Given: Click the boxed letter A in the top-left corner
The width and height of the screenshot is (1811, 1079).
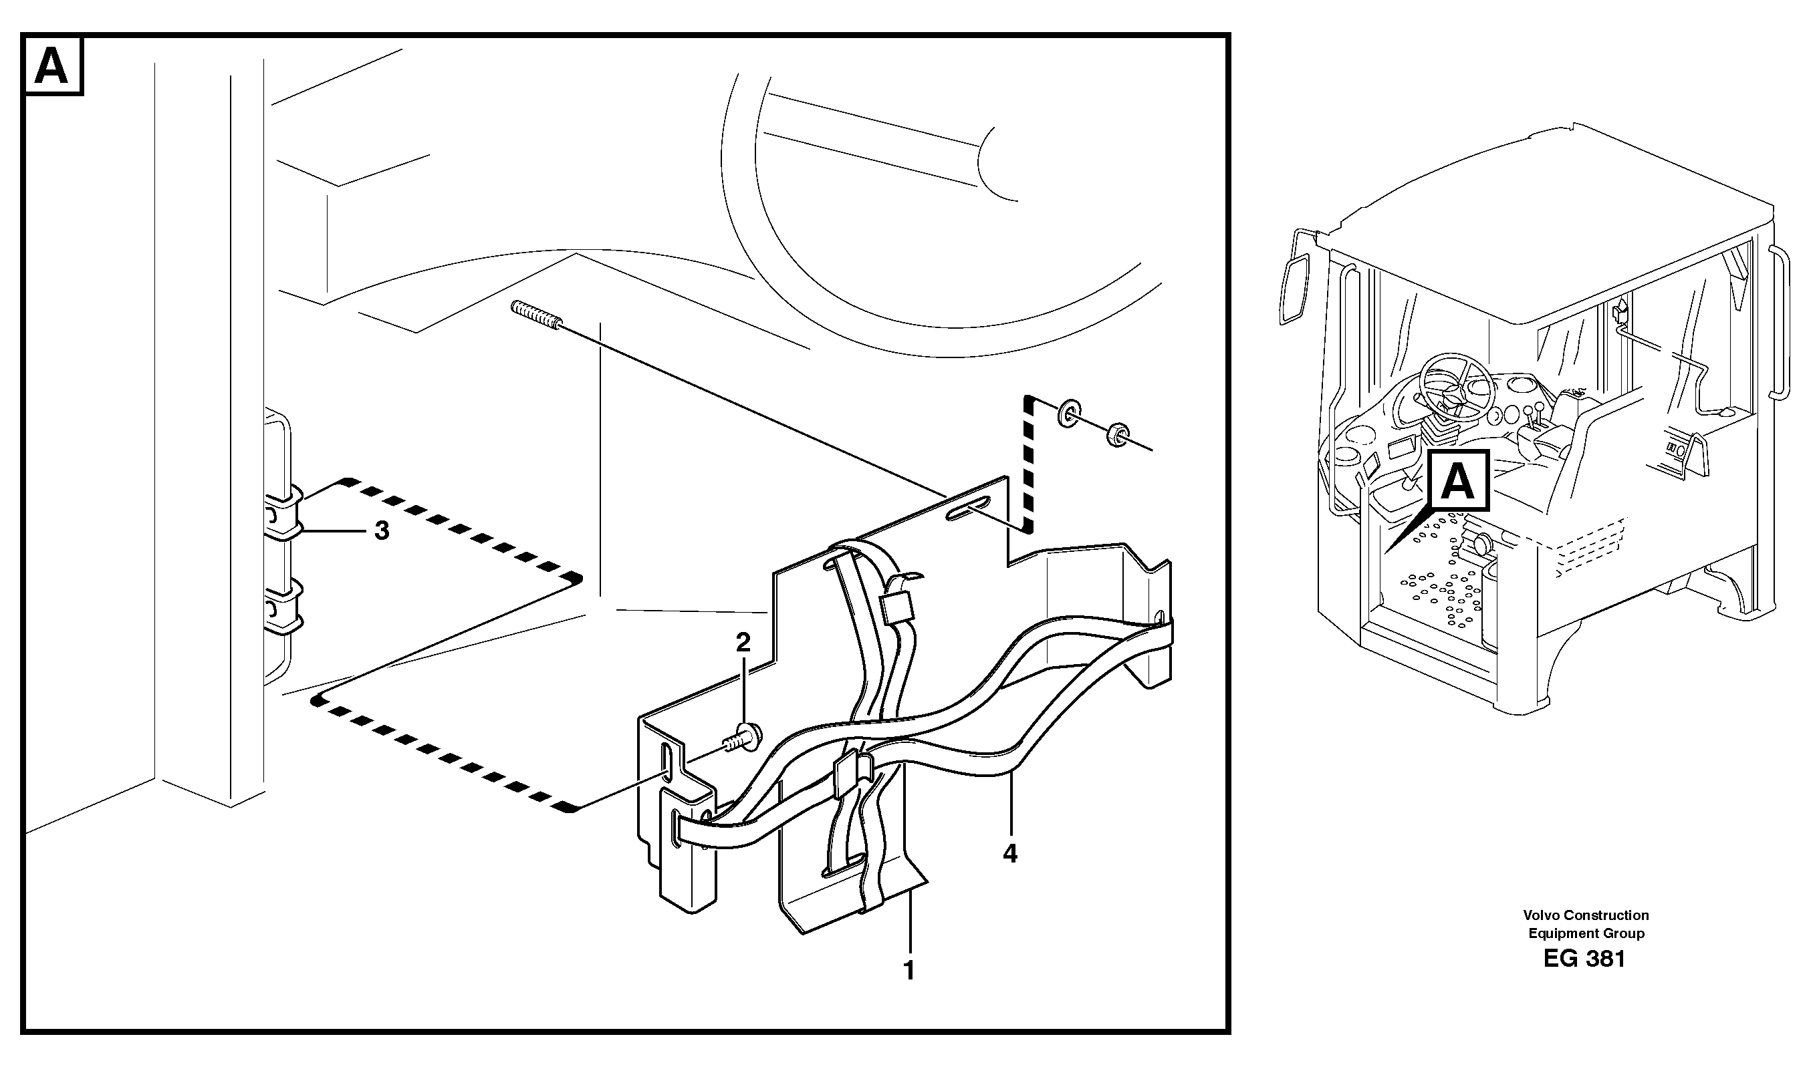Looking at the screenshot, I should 52,67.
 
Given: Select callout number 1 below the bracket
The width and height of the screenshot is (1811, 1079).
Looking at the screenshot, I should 909,970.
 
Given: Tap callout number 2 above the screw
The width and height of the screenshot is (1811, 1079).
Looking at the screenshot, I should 743,642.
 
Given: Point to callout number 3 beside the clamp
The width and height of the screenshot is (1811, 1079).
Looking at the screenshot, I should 382,530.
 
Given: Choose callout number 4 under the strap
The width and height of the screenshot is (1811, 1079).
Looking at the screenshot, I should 1009,853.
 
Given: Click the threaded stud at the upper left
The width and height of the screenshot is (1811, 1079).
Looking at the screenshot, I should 536,317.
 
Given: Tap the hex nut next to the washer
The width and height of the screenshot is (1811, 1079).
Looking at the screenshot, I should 1117,435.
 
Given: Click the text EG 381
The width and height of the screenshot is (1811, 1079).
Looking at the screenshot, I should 1584,959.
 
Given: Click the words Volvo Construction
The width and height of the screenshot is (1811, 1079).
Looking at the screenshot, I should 1586,915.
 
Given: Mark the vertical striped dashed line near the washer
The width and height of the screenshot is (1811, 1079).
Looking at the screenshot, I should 1028,465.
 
